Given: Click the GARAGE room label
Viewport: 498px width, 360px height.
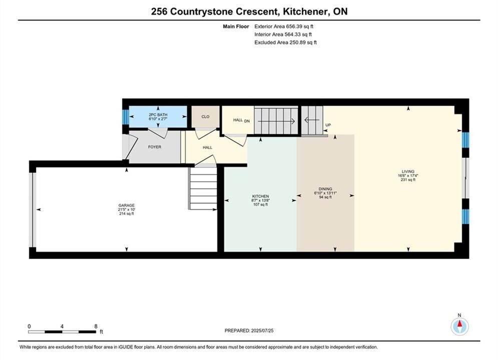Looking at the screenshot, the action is pyautogui.click(x=127, y=205).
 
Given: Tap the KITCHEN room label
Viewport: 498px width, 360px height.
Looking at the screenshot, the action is pyautogui.click(x=260, y=196).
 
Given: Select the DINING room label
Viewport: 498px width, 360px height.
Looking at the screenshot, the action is pyautogui.click(x=325, y=189).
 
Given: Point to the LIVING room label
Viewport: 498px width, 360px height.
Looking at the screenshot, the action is pyautogui.click(x=408, y=171).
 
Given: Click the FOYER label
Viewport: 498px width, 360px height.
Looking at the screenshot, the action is pyautogui.click(x=155, y=147).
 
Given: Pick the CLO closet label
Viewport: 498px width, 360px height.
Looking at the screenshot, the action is pyautogui.click(x=206, y=116).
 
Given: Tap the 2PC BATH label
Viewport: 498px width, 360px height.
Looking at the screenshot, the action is pyautogui.click(x=158, y=115).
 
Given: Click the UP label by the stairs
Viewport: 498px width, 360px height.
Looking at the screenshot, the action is pyautogui.click(x=328, y=125).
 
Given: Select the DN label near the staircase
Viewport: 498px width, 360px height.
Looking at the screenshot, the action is pyautogui.click(x=247, y=121).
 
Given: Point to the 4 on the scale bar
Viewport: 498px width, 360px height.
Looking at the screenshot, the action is pyautogui.click(x=62, y=326).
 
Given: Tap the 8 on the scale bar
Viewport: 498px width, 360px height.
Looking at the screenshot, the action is pyautogui.click(x=96, y=326).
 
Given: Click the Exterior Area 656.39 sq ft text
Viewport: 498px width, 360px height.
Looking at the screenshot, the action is pyautogui.click(x=284, y=26).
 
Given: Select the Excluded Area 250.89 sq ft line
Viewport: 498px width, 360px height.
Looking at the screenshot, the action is pyautogui.click(x=285, y=42).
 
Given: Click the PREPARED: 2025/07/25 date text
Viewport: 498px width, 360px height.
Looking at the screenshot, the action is pyautogui.click(x=249, y=330).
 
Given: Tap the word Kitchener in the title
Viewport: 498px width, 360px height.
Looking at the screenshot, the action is pyautogui.click(x=305, y=11).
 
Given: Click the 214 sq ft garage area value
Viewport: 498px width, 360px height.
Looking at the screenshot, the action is pyautogui.click(x=127, y=214).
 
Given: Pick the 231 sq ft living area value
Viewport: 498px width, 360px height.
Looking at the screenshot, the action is pyautogui.click(x=408, y=180).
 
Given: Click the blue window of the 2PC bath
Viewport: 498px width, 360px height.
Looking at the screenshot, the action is pyautogui.click(x=126, y=117).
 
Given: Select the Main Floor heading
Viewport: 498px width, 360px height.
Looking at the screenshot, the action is pyautogui.click(x=236, y=26).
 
